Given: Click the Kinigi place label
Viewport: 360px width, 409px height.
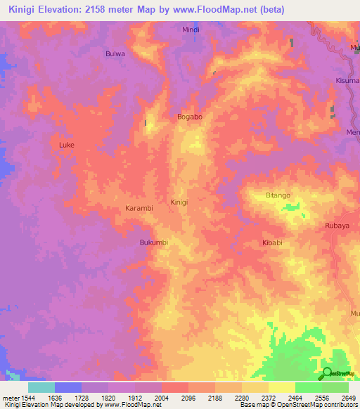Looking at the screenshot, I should [179, 202].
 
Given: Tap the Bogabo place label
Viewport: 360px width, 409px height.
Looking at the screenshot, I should [190, 117].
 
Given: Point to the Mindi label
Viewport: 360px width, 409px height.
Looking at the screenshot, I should [191, 30].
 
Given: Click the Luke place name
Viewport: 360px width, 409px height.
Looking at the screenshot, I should [67, 145].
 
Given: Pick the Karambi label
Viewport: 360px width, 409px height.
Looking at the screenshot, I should [139, 209].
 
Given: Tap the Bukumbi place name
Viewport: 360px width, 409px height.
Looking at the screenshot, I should [153, 242].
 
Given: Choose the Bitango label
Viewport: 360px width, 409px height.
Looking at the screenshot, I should [278, 195].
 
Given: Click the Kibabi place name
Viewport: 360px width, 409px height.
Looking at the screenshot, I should [272, 242].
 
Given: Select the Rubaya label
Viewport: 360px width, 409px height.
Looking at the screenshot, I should [337, 226].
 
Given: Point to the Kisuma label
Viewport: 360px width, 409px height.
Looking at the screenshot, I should [347, 80].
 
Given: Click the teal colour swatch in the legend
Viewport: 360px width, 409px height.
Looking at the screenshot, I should [41, 387].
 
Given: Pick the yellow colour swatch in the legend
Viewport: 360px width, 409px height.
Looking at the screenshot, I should [281, 387].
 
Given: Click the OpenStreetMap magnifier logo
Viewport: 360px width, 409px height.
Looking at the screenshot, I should [327, 372].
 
